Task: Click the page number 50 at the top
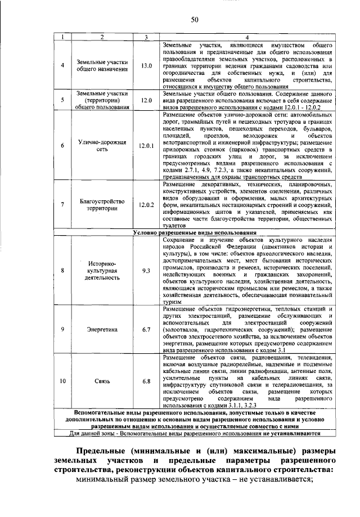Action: (194, 20)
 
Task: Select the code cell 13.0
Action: (146, 66)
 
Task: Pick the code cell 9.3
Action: (146, 271)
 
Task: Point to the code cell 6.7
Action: (146, 329)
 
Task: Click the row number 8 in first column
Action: (62, 271)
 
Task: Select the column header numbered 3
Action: (146, 37)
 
